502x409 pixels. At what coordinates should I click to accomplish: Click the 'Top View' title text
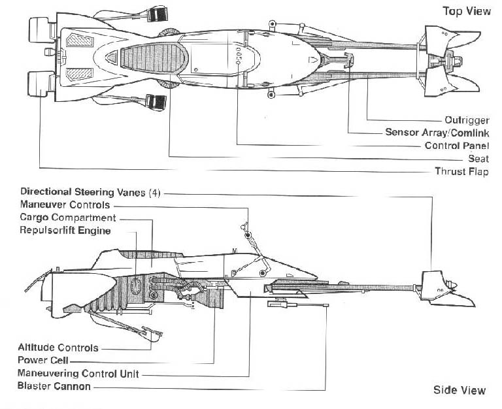coord(467,11)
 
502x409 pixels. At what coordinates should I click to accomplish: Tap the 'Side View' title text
coord(460,390)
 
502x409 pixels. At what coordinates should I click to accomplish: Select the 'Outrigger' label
coord(467,120)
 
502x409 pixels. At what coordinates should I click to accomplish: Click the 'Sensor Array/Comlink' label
coord(437,133)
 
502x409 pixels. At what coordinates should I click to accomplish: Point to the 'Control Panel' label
coord(457,146)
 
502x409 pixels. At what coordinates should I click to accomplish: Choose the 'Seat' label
coord(478,158)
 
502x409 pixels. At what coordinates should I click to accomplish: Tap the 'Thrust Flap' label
coord(461,172)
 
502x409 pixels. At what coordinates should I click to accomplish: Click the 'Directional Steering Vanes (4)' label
coord(90,192)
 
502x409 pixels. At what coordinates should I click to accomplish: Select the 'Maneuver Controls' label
coord(65,204)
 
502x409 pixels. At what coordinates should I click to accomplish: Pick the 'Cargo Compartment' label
coord(68,218)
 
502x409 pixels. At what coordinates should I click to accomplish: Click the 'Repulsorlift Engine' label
coord(65,231)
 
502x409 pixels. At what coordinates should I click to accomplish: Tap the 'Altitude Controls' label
coord(58,348)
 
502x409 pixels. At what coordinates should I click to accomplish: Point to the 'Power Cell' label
coord(43,361)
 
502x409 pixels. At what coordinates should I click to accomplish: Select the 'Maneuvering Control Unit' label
coord(78,374)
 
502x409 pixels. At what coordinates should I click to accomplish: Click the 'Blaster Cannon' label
coord(54,386)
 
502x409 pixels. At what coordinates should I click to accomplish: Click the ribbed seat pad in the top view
coord(154,58)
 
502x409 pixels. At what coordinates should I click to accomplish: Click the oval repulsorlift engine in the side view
coord(136,286)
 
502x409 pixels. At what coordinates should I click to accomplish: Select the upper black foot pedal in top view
coord(158,14)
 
